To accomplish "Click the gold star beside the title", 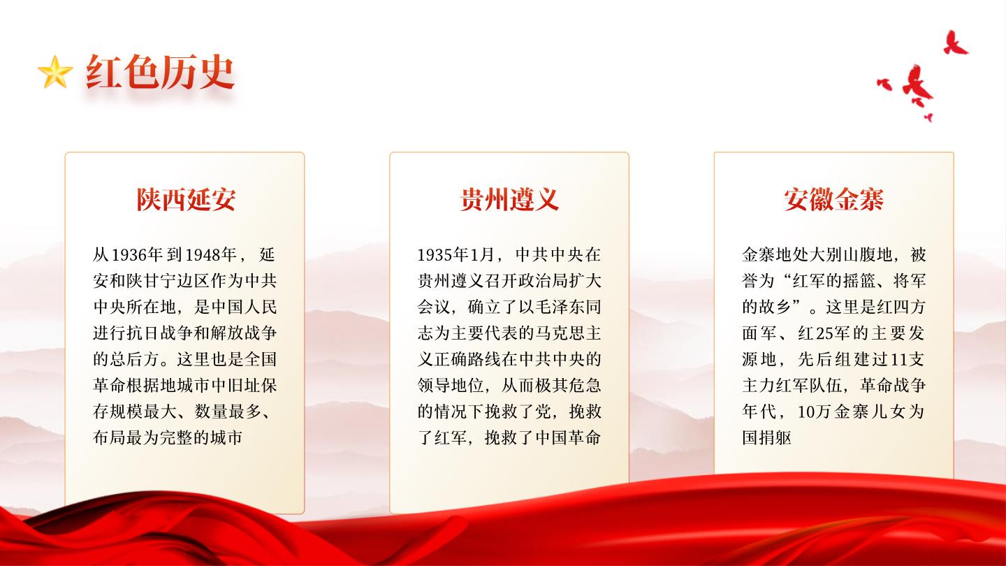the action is click(x=54, y=72).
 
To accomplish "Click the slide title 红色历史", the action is click(x=161, y=72).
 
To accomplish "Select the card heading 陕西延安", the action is click(x=186, y=199).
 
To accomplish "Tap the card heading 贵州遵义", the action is click(x=509, y=199).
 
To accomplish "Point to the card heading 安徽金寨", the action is click(x=834, y=199).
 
